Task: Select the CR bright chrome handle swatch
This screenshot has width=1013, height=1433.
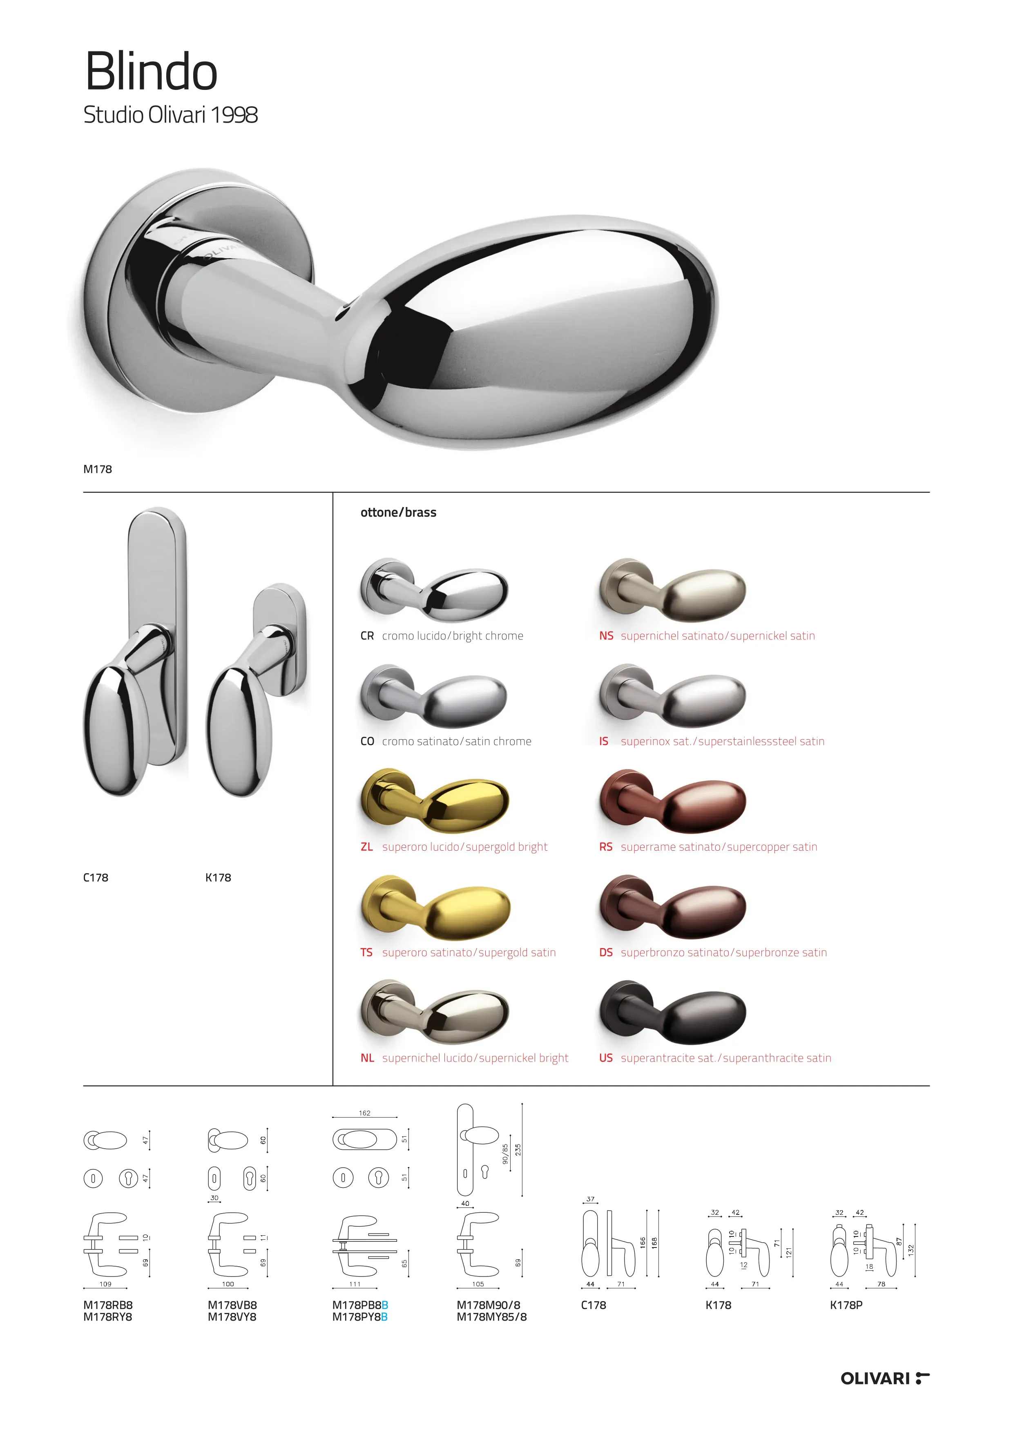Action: (x=434, y=590)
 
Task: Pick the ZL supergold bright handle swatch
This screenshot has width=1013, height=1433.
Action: (x=435, y=801)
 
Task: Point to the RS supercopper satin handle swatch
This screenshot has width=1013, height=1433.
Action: (x=672, y=801)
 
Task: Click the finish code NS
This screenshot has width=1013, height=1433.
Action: (x=606, y=636)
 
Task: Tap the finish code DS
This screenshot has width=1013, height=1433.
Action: (x=606, y=952)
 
